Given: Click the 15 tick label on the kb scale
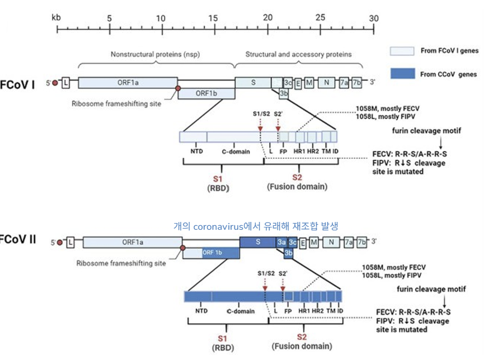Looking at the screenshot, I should pos(213,17).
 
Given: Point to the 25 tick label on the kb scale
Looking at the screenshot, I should pos(321,17).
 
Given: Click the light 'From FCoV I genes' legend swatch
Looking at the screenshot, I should pos(402,51).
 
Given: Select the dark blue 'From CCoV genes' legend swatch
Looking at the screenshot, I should pos(402,73).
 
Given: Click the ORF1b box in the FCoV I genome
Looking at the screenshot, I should pos(206,93).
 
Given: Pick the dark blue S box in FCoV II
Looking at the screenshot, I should pos(257,242).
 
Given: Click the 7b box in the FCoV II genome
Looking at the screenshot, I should pos(363,242).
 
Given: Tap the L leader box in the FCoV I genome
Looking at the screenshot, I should pos(66,83).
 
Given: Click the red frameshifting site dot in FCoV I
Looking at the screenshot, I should pos(178,88).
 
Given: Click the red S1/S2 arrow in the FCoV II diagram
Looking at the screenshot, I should pos(265,283).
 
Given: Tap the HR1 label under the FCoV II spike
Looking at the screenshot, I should pos(305,310).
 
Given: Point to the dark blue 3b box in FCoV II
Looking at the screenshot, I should pos(289,253).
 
